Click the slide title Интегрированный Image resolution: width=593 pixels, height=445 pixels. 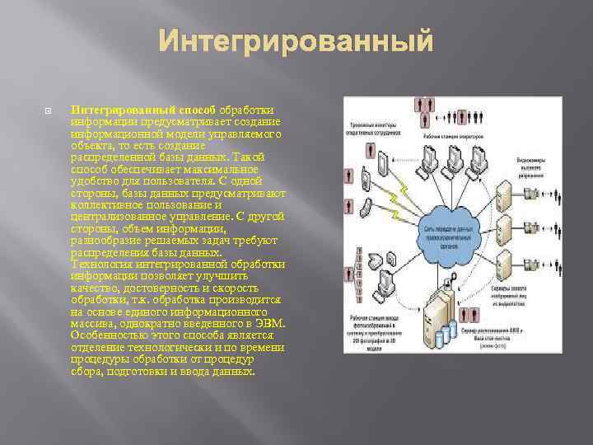point(296,40)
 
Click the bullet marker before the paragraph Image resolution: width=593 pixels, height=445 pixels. point(49,110)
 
